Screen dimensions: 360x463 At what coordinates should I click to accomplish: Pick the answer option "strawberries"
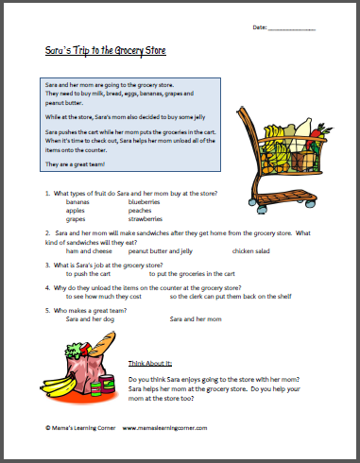tap(160, 218)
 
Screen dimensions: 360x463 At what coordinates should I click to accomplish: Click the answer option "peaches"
tap(152, 210)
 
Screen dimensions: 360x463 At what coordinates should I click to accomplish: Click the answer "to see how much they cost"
tap(106, 298)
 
